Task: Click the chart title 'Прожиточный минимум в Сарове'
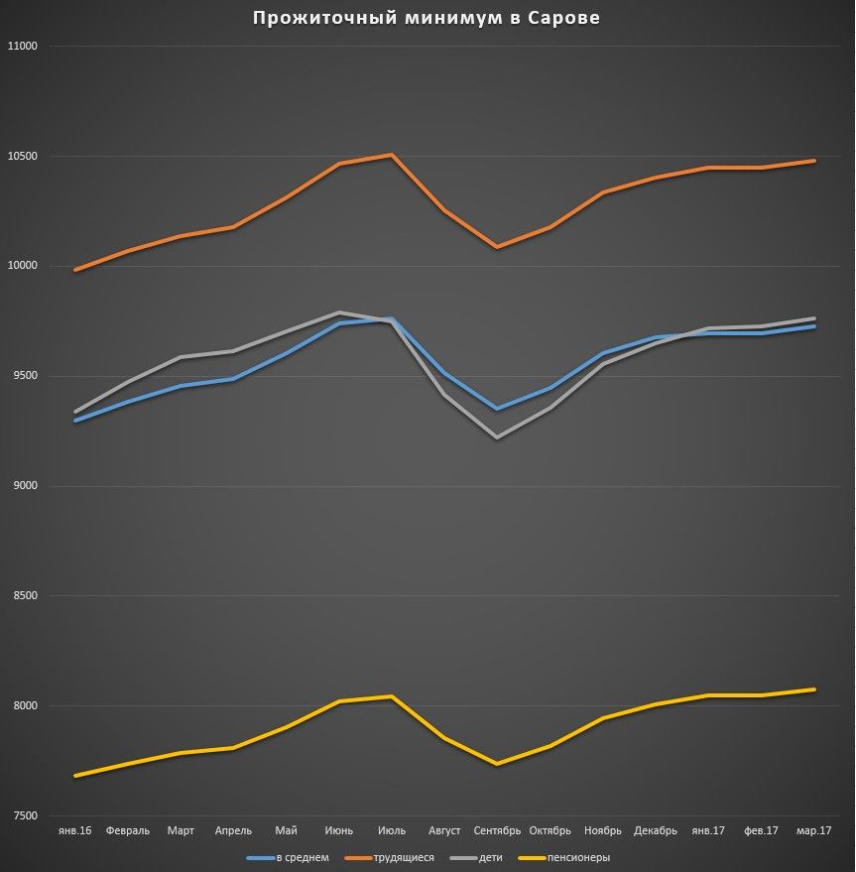tap(427, 18)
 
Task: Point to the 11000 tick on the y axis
tap(21, 47)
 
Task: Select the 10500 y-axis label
tap(21, 157)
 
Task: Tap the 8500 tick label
tap(21, 596)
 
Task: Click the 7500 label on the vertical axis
tap(21, 816)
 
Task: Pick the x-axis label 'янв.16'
tap(74, 831)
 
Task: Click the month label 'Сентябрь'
tap(497, 831)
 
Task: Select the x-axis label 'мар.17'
tap(813, 831)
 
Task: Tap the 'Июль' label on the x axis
tap(392, 831)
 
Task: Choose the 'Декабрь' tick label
tap(656, 831)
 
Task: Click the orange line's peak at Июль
tap(392, 155)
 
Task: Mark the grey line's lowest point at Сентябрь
tap(497, 437)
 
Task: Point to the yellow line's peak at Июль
tap(392, 696)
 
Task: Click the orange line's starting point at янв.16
tap(75, 270)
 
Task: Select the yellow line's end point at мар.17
tap(814, 689)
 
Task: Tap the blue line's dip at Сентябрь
tap(497, 409)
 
